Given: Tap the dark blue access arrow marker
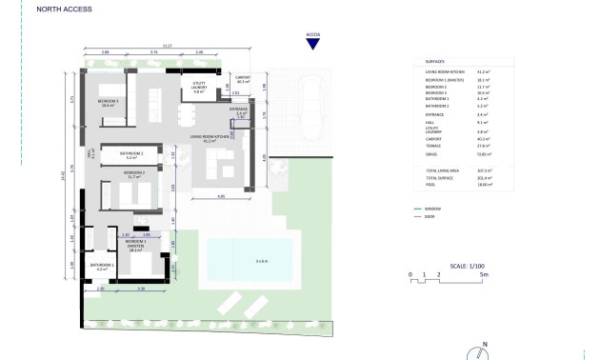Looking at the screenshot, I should coord(312,47).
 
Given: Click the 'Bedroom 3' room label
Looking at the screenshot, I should coord(107,102).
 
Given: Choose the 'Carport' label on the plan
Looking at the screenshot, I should coord(242,80).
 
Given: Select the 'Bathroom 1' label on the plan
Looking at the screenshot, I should coord(101,266).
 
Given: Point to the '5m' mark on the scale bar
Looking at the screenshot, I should coord(485,274).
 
